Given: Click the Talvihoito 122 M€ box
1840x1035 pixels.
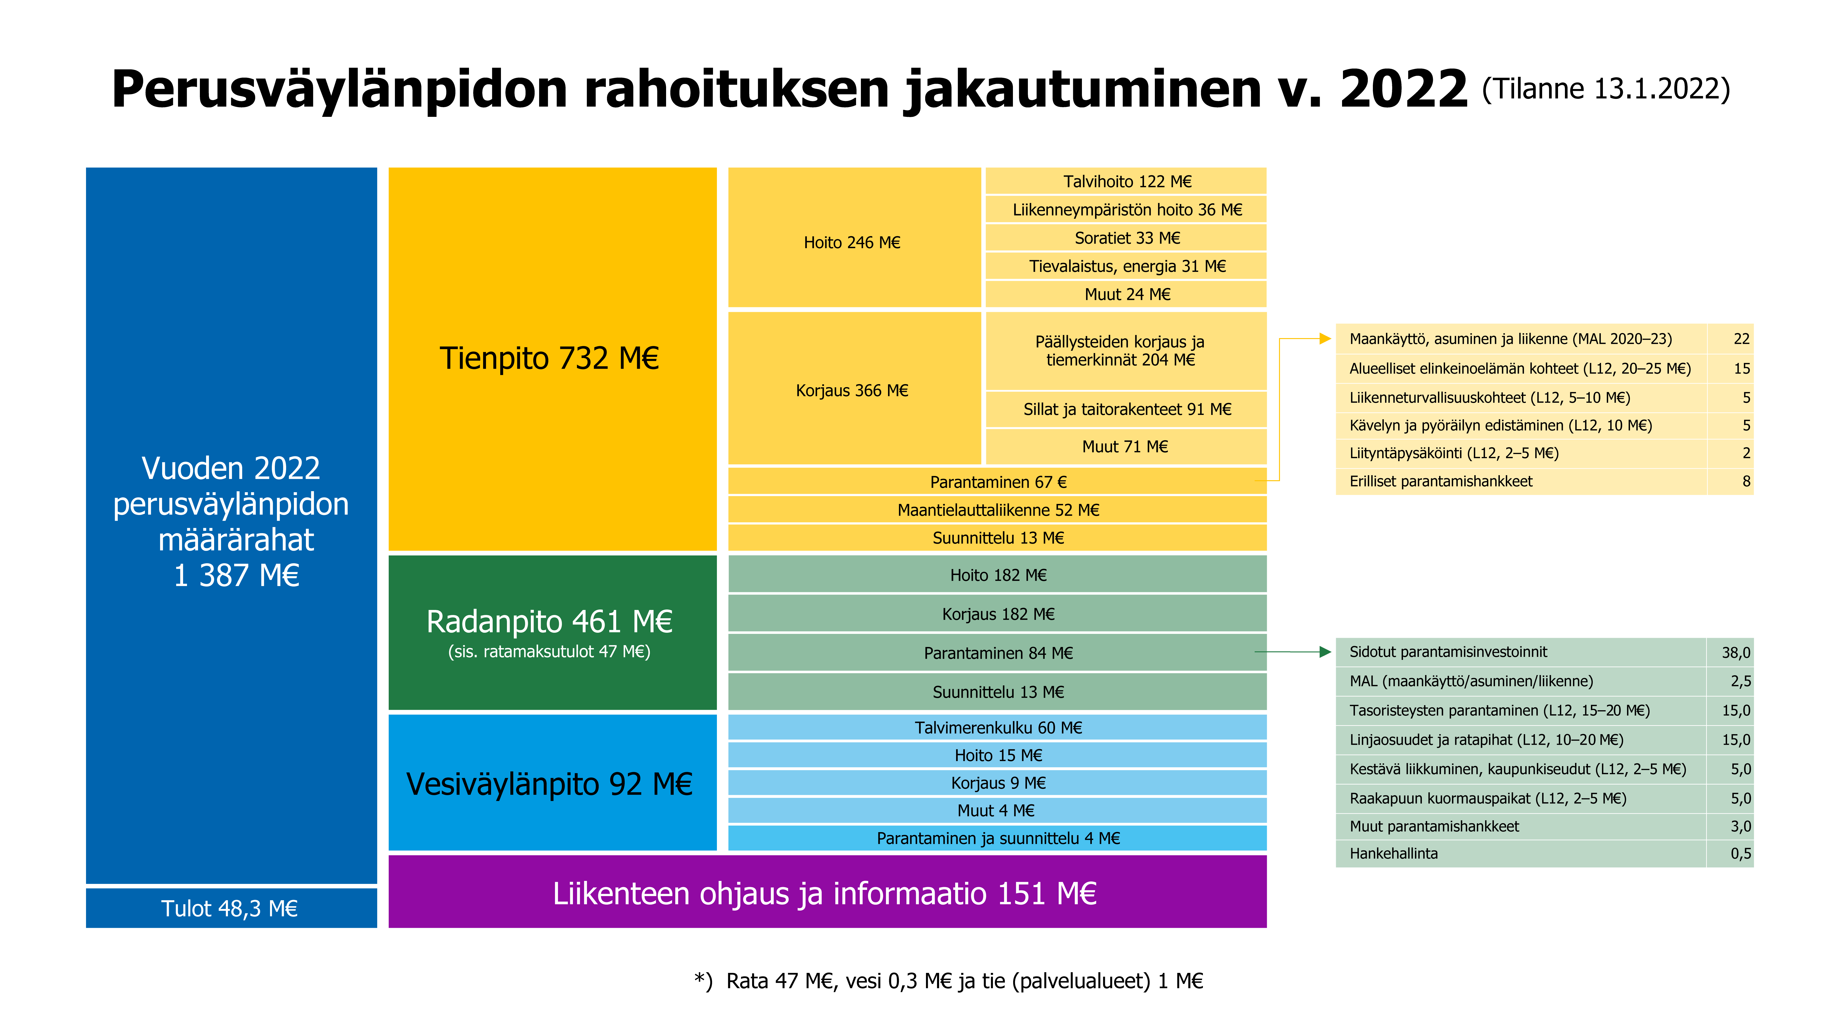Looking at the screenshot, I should click(x=1127, y=181).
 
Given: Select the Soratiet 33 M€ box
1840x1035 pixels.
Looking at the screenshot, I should click(x=1127, y=238).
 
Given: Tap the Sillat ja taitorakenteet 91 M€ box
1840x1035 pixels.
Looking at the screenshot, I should click(x=1127, y=409).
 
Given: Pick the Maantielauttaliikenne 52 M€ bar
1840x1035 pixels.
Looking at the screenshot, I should click(x=997, y=510).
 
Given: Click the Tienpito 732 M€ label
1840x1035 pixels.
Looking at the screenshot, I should click(x=549, y=359).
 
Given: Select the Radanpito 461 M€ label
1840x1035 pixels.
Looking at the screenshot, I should click(x=549, y=621).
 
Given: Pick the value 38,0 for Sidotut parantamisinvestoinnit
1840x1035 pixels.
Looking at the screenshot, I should click(x=1735, y=652).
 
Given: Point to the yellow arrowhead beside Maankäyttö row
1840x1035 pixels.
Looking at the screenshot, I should click(x=1325, y=339).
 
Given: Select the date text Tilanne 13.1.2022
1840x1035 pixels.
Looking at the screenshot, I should click(x=1606, y=89).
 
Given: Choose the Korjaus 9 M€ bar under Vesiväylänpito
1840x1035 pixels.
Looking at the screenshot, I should click(x=997, y=783).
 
